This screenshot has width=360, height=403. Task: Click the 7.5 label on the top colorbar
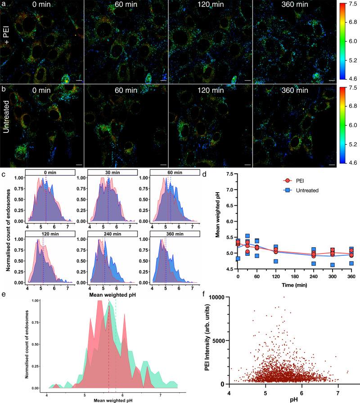(349, 3)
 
